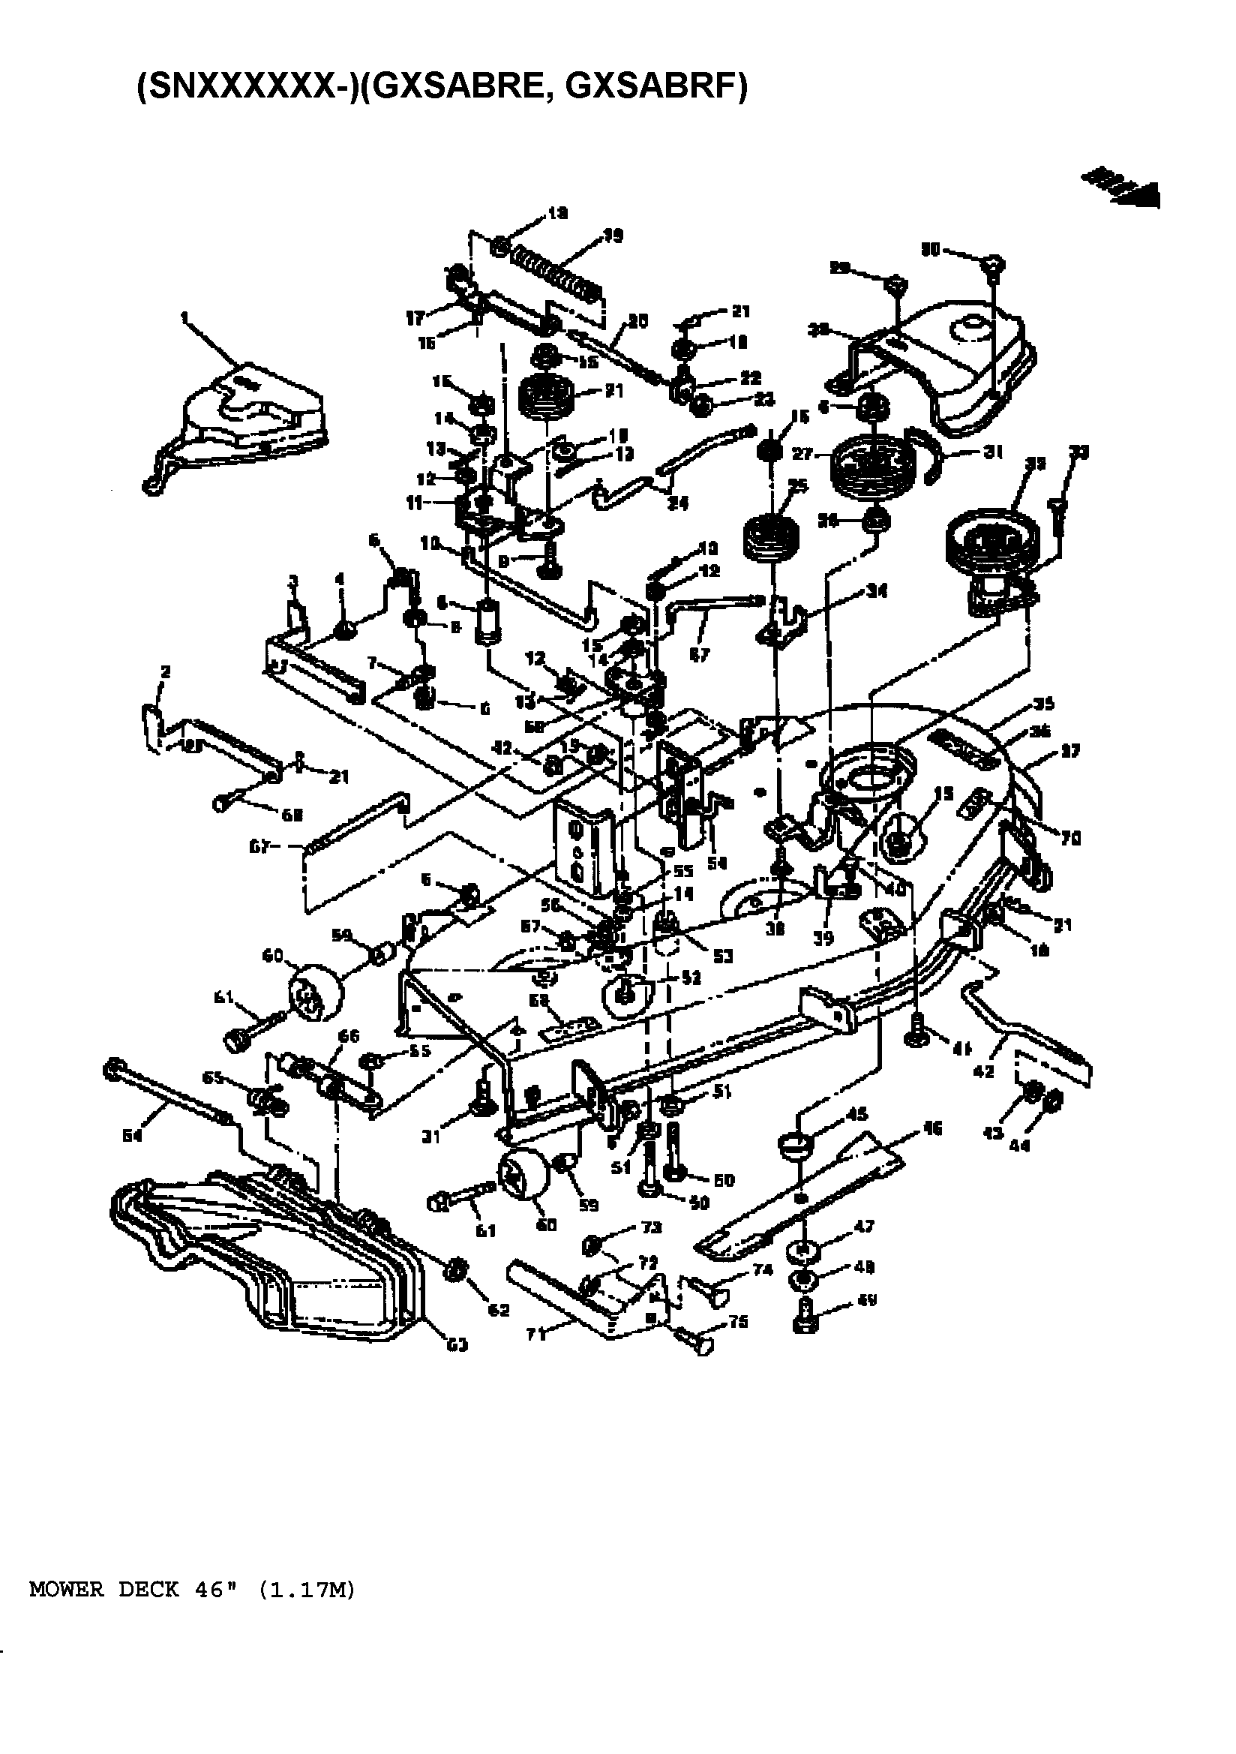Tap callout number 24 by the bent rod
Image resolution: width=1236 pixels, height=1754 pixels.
click(677, 503)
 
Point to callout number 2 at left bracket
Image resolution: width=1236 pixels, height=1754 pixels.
click(165, 671)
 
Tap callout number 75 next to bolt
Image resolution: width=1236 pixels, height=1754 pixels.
click(738, 1322)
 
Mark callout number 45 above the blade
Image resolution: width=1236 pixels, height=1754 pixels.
click(857, 1115)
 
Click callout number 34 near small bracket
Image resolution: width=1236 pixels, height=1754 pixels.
click(876, 591)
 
